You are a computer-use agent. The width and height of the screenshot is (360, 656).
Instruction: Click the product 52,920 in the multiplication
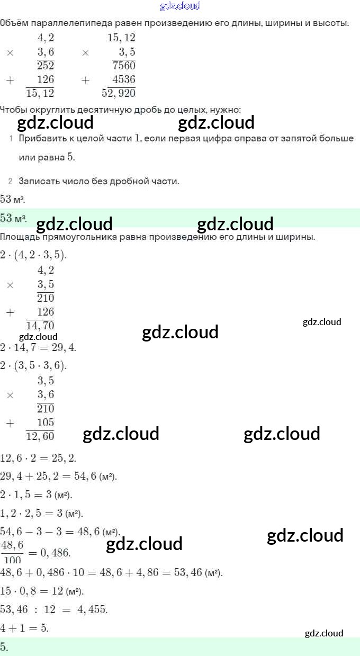point(119,93)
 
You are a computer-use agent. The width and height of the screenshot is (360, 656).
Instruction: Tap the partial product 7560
point(124,66)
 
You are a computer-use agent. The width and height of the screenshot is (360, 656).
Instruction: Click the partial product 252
point(46,66)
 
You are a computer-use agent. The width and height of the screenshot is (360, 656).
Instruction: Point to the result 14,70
point(40,326)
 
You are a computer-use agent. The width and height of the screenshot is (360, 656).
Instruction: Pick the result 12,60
point(40,436)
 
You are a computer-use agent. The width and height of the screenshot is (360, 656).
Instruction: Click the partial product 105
point(46,423)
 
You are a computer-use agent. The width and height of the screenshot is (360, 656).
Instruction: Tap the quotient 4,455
point(92,609)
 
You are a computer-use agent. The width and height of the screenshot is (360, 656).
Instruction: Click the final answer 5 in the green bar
point(4,646)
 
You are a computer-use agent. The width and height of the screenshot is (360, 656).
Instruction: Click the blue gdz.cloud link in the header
point(180,6)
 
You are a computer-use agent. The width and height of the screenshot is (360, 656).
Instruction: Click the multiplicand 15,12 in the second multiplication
point(121,38)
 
